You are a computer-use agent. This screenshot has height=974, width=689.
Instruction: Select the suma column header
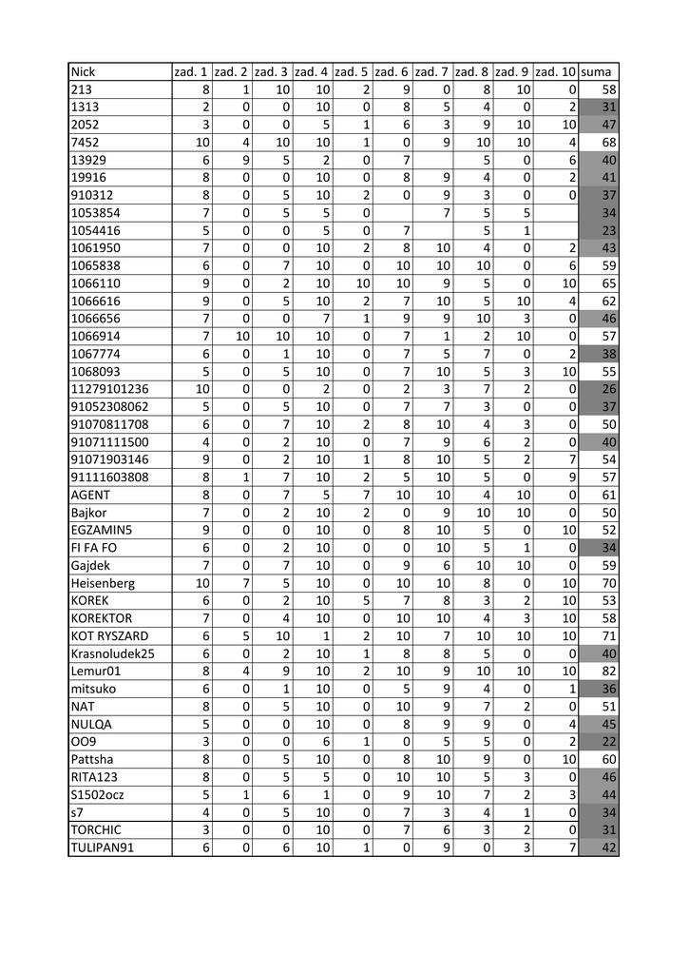597,71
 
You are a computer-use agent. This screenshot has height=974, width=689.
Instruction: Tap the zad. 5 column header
352,71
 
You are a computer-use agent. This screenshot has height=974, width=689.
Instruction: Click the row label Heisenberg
103,583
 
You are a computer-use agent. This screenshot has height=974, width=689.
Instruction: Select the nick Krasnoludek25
112,654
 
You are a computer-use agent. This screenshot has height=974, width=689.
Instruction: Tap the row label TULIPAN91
102,849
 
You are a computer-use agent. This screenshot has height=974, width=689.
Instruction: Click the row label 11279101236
109,388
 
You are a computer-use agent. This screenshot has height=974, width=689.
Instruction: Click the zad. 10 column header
555,71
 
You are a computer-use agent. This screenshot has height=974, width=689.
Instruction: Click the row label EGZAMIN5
102,530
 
